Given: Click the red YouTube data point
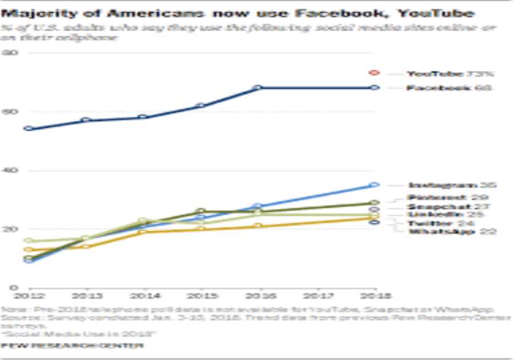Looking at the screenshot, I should (x=375, y=73).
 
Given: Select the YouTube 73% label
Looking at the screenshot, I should (x=449, y=74).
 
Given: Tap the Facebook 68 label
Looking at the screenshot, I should (x=449, y=88).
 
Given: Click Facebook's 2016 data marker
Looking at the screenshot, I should (x=258, y=87).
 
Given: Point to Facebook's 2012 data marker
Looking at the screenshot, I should (x=28, y=129).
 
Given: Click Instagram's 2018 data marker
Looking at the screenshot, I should (x=375, y=185).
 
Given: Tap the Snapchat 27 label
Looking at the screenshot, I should (x=449, y=206).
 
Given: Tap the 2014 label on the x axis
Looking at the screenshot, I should (x=143, y=296).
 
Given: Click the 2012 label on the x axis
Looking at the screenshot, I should (x=26, y=296).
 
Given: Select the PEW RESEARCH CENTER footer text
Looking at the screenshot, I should (x=72, y=346).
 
